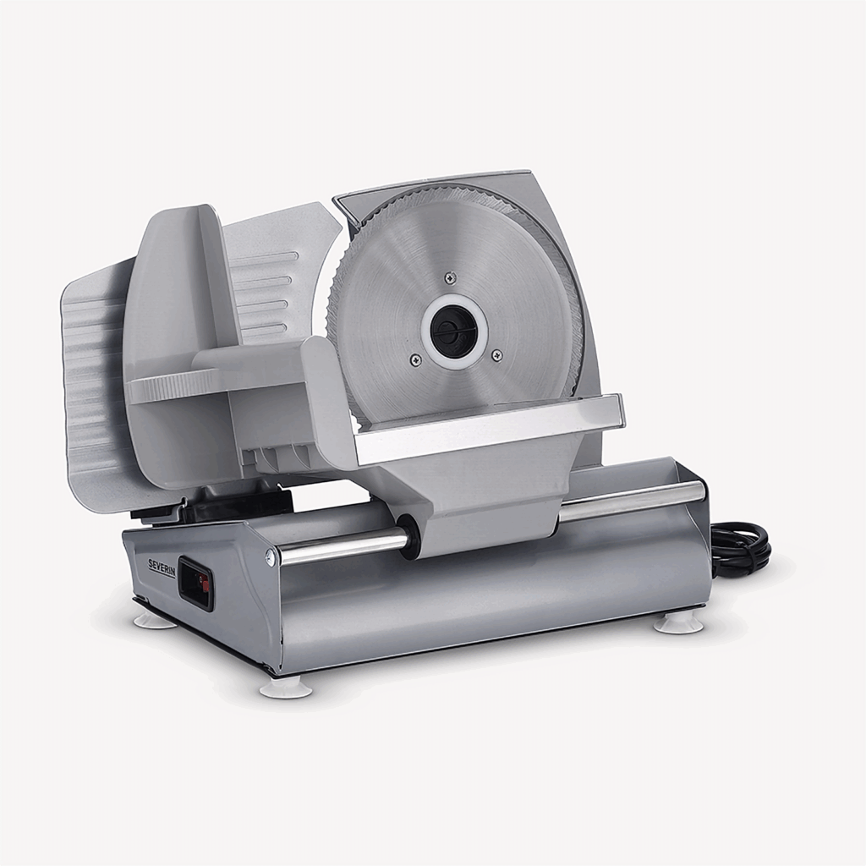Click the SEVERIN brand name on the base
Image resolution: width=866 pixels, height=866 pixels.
pos(162,567)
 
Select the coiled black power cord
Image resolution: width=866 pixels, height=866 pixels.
pos(741,550)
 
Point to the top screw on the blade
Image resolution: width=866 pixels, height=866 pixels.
pos(451,277)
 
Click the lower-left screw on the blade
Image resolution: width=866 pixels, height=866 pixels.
pos(415,360)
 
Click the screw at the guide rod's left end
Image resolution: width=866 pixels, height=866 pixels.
pos(271,556)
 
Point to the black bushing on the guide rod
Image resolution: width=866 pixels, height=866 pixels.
pos(409,538)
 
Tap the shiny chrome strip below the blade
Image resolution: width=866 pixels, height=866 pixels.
pos(491,430)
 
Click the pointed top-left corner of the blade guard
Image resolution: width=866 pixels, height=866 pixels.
pos(337,200)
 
